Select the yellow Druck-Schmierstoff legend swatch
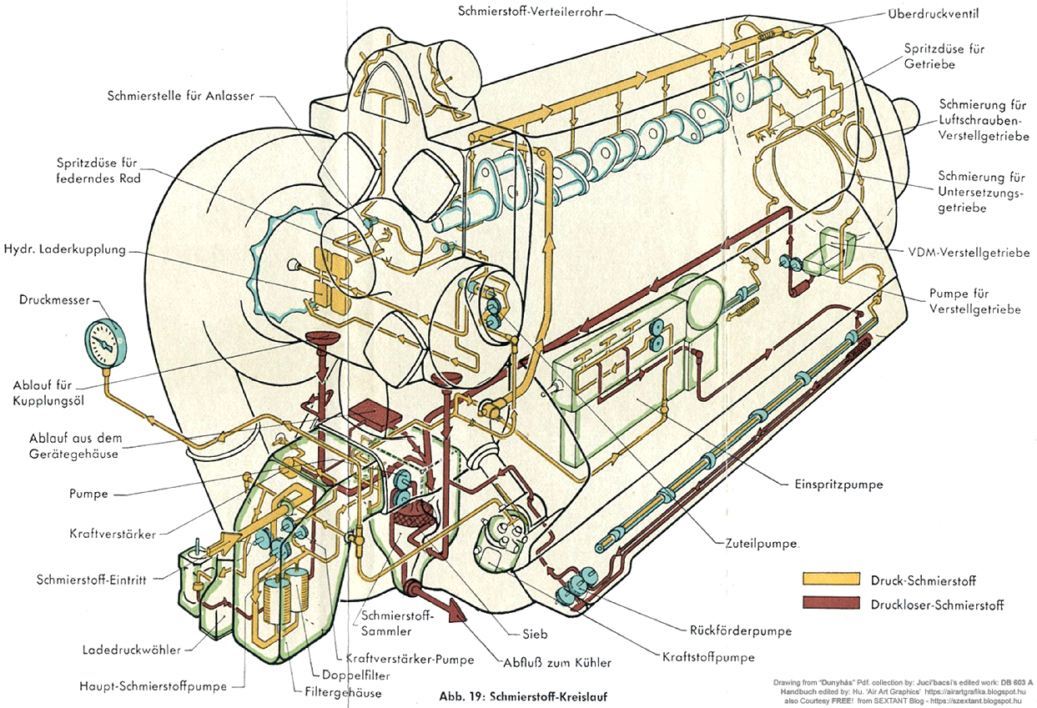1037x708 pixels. (x=830, y=580)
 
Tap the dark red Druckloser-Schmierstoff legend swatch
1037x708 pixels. (x=830, y=603)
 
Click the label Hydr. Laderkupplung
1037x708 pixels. (x=64, y=249)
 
